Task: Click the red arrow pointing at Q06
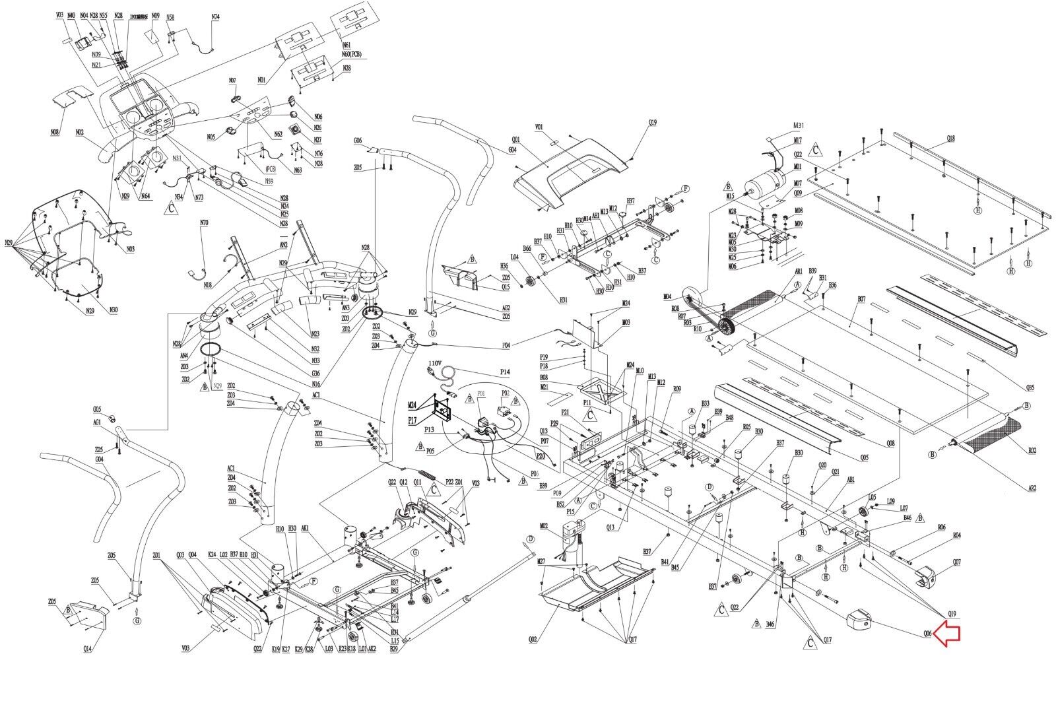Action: pos(948,634)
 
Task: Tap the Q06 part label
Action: pos(927,634)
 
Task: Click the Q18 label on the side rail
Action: pos(950,139)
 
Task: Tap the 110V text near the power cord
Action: pos(434,364)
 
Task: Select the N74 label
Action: pos(215,17)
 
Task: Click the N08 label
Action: pos(55,132)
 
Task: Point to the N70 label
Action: pos(204,223)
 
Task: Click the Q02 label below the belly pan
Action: pos(533,638)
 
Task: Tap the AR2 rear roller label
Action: pos(1032,489)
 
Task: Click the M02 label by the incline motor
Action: pos(544,526)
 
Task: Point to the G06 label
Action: pos(358,141)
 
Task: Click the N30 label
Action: pos(114,310)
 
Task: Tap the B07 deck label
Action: pos(861,299)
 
